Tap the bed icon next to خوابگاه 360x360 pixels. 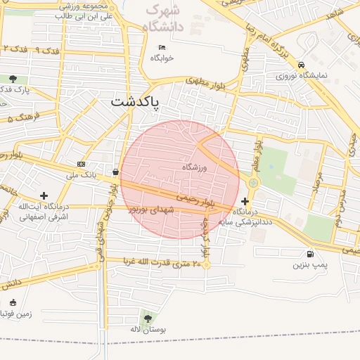[x=162, y=47]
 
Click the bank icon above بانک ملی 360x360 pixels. [x=81, y=163]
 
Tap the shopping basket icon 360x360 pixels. [x=115, y=172]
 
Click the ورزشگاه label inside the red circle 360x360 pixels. [x=196, y=167]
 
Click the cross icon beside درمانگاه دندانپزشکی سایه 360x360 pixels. [x=245, y=201]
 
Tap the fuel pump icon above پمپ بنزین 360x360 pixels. [x=310, y=254]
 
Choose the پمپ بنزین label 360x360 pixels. [x=310, y=265]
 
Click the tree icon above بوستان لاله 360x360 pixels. [x=146, y=318]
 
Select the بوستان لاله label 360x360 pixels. [x=146, y=329]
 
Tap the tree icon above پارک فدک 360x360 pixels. [x=13, y=79]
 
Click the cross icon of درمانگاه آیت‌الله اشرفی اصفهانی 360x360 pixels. [x=44, y=195]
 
